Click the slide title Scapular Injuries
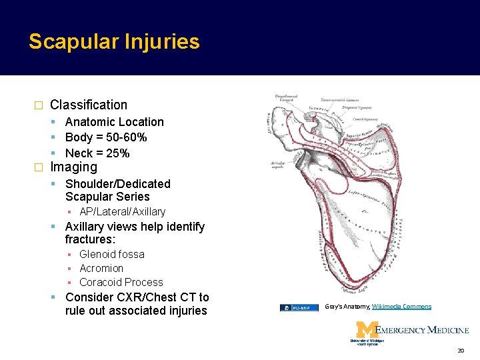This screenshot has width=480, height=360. click(x=114, y=42)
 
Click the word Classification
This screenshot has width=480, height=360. click(x=89, y=105)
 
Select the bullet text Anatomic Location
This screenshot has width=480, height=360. click(x=114, y=122)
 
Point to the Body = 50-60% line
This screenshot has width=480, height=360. click(x=106, y=137)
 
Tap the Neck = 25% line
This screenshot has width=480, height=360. click(x=97, y=153)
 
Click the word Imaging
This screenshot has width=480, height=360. click(x=74, y=167)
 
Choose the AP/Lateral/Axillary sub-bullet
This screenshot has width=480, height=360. click(x=122, y=212)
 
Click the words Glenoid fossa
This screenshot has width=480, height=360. click(x=111, y=254)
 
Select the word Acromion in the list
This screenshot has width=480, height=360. click(x=101, y=268)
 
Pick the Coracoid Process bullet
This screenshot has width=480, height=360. click(x=121, y=282)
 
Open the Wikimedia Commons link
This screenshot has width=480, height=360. click(x=401, y=307)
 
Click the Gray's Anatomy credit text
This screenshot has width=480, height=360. click(x=347, y=307)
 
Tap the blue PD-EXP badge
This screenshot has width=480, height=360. click(x=299, y=308)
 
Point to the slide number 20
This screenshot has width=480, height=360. click(x=460, y=351)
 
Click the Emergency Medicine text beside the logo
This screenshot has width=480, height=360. click(x=423, y=329)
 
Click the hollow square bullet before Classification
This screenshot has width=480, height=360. click(x=38, y=105)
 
